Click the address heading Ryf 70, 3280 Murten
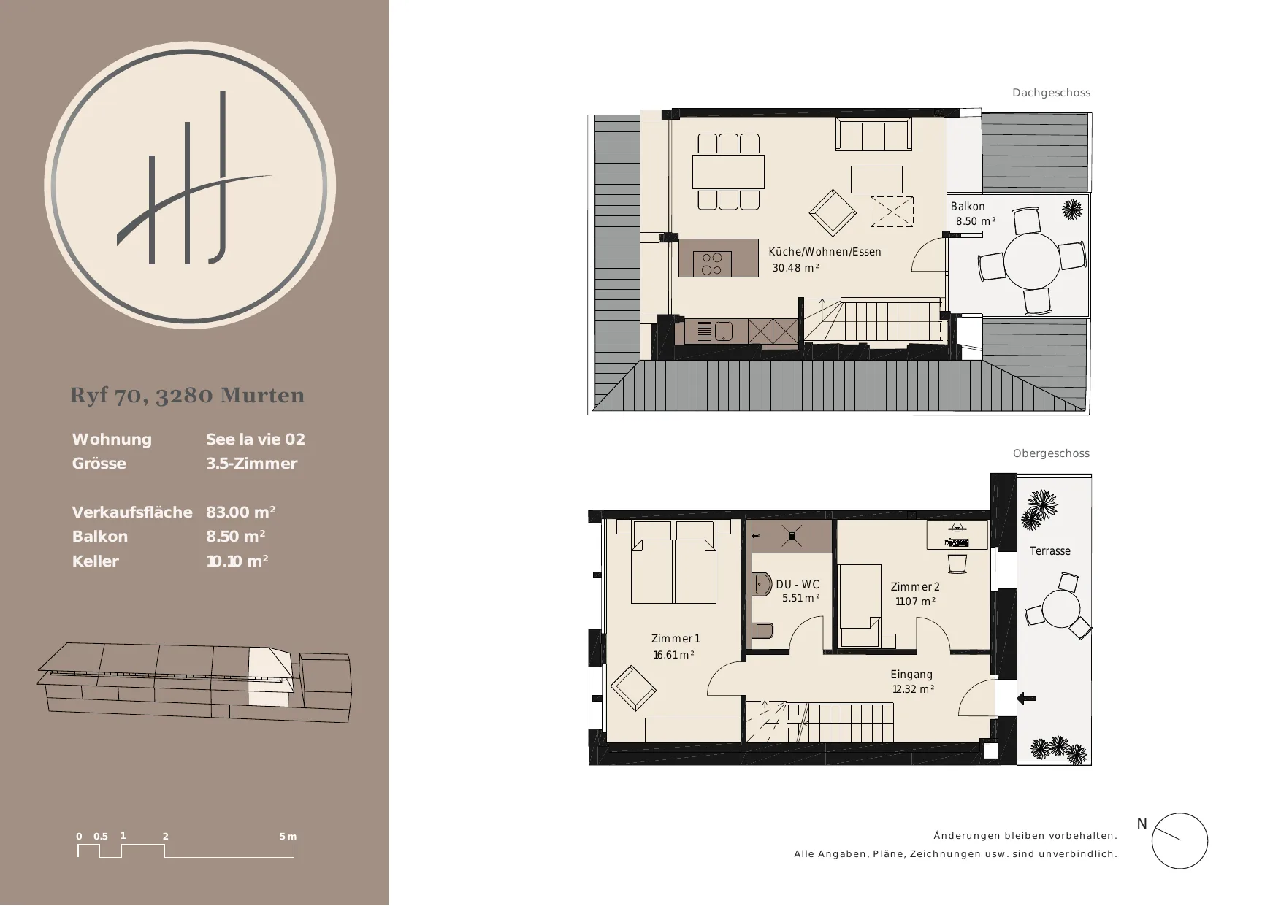[x=188, y=395]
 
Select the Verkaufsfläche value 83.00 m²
[x=241, y=512]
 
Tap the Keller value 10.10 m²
[x=237, y=561]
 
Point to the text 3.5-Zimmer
[x=251, y=464]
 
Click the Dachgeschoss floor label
[x=1051, y=93]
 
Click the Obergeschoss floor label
[x=1051, y=453]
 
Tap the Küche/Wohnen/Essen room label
[x=825, y=252]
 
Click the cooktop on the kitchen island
[x=711, y=264]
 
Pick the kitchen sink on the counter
[x=723, y=331]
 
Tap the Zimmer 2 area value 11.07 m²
[x=916, y=602]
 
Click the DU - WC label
[x=798, y=585]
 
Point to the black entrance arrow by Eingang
[x=1026, y=699]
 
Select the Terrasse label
[x=1050, y=551]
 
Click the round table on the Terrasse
[x=1060, y=609]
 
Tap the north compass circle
[x=1179, y=840]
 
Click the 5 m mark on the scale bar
[x=288, y=837]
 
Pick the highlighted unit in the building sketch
[x=270, y=676]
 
